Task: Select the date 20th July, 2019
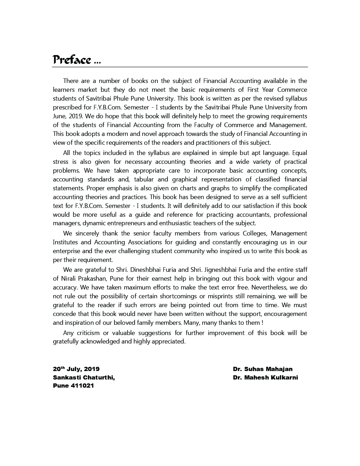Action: pyautogui.click(x=76, y=369)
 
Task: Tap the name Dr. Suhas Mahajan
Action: pyautogui.click(x=263, y=369)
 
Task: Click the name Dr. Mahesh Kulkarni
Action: pyautogui.click(x=265, y=378)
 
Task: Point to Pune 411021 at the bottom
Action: pyautogui.click(x=73, y=386)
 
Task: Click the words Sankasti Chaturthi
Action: pyautogui.click(x=84, y=378)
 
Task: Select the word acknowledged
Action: pyautogui.click(x=100, y=341)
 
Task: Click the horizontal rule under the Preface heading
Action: pyautogui.click(x=180, y=67)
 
